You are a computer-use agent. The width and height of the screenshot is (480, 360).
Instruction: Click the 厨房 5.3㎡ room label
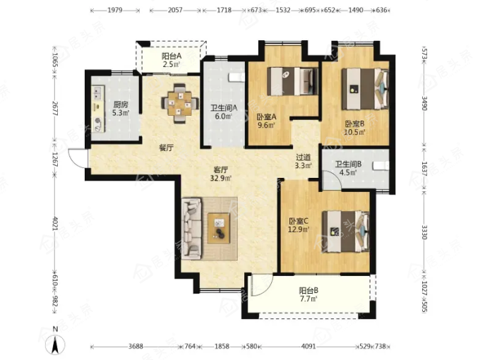120,109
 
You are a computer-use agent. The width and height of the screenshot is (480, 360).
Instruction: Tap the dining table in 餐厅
179,103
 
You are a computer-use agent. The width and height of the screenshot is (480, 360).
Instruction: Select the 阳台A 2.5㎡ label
172,60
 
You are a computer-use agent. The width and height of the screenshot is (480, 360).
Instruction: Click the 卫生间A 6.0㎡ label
224,112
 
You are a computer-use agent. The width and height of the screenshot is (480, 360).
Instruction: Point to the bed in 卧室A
292,81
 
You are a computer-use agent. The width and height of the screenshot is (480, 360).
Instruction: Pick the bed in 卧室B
365,89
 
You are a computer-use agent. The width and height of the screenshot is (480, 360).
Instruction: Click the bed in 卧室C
346,231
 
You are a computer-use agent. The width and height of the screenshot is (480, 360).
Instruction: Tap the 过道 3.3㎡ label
303,162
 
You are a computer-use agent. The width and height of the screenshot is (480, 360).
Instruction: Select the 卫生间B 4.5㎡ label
348,168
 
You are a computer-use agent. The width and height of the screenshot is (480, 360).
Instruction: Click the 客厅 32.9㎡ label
220,174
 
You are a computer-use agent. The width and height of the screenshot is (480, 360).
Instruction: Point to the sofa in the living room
191,229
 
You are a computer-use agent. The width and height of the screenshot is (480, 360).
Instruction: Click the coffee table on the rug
219,228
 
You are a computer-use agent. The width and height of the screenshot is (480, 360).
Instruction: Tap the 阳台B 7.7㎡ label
308,294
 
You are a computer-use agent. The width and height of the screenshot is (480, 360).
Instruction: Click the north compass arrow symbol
55,344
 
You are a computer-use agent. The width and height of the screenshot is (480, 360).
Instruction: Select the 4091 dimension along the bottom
308,346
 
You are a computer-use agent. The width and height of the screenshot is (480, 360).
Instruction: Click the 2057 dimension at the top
175,10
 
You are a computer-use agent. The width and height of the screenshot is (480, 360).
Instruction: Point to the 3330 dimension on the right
424,232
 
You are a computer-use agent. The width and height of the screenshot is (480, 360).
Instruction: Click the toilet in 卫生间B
380,166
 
